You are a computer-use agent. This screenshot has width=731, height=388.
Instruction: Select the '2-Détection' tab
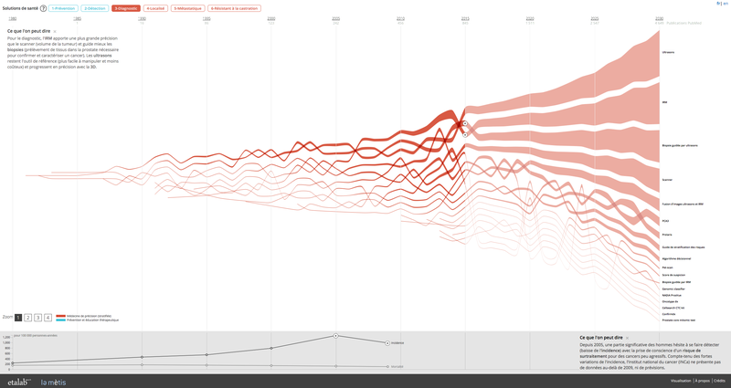tap(95, 8)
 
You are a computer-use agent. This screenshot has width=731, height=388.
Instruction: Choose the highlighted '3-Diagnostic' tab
tap(126, 8)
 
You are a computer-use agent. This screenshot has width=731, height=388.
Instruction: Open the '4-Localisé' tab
tap(155, 8)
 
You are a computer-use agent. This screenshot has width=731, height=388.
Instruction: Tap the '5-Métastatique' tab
tap(188, 8)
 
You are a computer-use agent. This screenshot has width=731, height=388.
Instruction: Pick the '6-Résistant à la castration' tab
tap(235, 8)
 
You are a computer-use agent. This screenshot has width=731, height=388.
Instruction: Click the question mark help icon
tap(44, 8)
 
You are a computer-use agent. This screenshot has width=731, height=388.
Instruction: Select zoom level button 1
tap(18, 317)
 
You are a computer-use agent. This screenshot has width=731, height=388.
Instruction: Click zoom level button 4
tap(48, 317)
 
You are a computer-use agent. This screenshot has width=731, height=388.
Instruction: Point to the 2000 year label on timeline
tap(271, 18)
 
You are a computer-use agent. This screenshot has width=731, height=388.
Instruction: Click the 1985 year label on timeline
tap(77, 18)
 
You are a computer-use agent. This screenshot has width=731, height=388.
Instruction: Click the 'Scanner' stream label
tap(667, 179)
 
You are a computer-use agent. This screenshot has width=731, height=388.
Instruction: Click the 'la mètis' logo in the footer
tap(53, 382)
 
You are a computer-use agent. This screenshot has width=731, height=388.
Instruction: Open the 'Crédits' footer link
tap(720, 380)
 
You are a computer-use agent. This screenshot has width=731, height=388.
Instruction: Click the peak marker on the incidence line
tap(336, 336)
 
